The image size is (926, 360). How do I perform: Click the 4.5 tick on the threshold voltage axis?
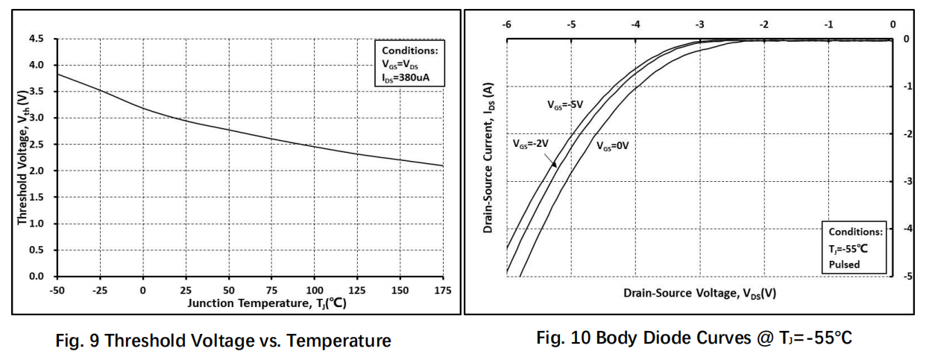(36, 39)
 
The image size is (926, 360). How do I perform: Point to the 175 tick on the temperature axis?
(443, 291)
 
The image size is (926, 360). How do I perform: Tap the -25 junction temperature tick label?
(100, 291)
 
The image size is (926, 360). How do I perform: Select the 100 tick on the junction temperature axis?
(315, 291)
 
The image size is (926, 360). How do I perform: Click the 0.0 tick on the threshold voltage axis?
(36, 276)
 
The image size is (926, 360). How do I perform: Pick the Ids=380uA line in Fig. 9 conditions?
(406, 78)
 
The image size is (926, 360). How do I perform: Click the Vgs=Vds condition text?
(400, 64)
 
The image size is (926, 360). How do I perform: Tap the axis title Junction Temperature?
(267, 303)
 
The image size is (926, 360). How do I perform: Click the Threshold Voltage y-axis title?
(22, 157)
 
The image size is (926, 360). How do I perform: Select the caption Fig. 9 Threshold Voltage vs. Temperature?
(223, 341)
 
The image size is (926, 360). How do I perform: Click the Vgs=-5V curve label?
(565, 104)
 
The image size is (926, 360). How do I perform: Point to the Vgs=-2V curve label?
(531, 143)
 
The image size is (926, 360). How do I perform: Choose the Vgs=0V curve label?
(612, 146)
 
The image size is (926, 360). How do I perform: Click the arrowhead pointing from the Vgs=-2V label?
(555, 165)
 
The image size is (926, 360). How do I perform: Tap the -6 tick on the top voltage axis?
(506, 25)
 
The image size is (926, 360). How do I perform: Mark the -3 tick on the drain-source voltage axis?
(699, 25)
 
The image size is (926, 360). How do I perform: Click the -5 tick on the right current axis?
(907, 276)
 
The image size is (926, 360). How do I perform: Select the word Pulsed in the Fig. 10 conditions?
(844, 265)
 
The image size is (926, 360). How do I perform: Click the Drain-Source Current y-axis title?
(488, 157)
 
